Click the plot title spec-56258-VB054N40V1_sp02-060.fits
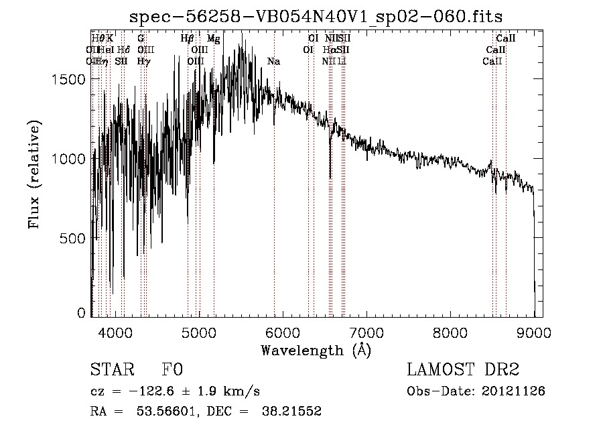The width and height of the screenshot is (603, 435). pos(317,16)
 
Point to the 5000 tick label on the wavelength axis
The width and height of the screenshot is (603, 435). pos(198,332)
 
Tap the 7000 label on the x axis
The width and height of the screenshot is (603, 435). pos(366,332)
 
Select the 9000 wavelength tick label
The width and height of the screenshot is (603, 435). pos(534,332)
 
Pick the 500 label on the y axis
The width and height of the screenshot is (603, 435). pos(74,238)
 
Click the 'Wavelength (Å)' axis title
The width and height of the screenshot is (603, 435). pos(316,350)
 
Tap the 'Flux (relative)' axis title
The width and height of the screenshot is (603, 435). pos(34,174)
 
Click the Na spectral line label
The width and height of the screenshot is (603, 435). pos(273,62)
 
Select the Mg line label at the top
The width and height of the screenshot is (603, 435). pos(213,40)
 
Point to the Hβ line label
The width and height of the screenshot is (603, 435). pos(187,40)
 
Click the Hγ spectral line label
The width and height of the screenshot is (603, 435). pos(143,62)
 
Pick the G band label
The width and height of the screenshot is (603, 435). pos(141,40)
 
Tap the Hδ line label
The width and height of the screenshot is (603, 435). pos(123,50)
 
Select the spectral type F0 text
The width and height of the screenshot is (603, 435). pos(172,370)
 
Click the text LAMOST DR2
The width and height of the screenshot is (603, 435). pos(463,370)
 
